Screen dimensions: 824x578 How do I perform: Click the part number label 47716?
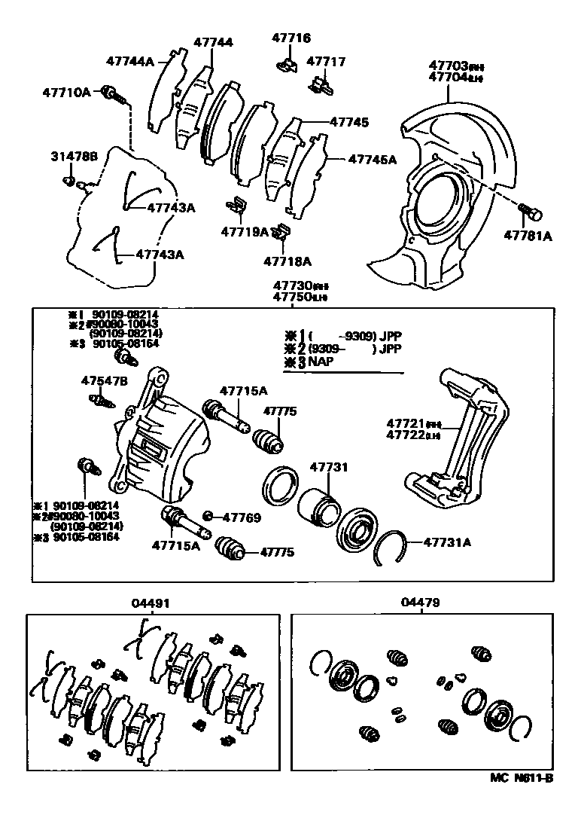click(292, 38)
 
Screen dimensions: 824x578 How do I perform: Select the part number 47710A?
click(66, 92)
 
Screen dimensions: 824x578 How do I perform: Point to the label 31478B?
click(75, 157)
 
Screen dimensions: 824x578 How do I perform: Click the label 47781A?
click(528, 236)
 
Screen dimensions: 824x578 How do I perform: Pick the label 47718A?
click(287, 261)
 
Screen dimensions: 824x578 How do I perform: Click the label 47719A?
click(245, 232)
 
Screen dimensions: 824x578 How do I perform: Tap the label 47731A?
click(447, 541)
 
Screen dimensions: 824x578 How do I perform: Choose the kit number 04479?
click(421, 603)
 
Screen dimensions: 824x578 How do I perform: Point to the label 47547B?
click(105, 380)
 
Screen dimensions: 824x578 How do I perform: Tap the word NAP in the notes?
click(320, 362)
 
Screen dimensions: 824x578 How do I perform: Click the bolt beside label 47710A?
click(114, 93)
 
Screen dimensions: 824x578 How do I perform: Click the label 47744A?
click(129, 61)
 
